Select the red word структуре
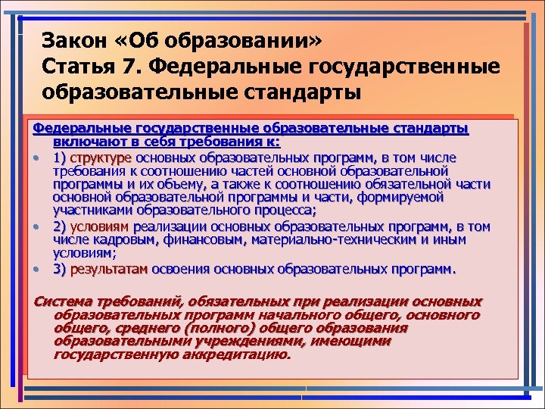click(x=101, y=158)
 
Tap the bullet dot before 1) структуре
click(x=36, y=158)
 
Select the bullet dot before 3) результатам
click(x=36, y=269)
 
